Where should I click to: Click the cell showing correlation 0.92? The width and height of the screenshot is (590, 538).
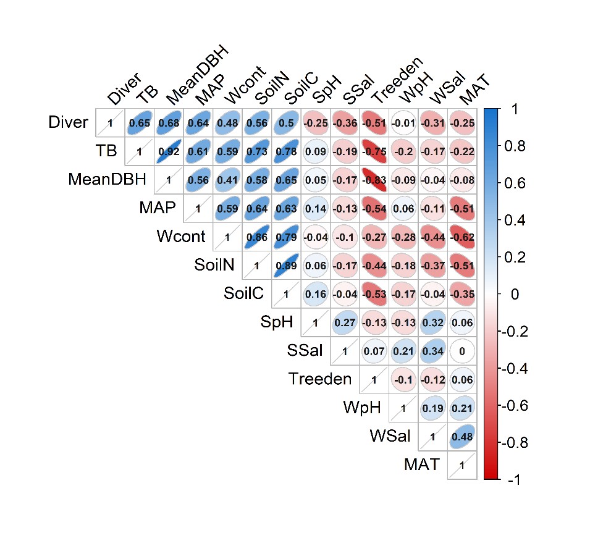[x=169, y=151]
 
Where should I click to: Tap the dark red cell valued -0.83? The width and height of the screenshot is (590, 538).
[x=375, y=180]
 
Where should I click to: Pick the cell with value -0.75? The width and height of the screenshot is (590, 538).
[x=375, y=151]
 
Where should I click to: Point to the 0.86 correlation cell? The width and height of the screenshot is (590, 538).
[x=257, y=237]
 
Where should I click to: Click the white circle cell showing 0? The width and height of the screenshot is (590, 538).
[x=462, y=351]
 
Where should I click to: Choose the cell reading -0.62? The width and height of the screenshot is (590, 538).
[x=462, y=237]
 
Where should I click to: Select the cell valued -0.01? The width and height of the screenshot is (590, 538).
[x=404, y=123]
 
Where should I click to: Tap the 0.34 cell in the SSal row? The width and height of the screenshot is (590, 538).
[x=433, y=351]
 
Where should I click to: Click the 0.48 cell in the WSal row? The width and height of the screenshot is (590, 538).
[x=462, y=437]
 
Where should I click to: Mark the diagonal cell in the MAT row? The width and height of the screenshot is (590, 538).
[x=462, y=465]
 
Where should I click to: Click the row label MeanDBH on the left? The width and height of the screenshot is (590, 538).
[x=107, y=180]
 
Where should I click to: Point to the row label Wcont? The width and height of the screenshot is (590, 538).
[x=181, y=237]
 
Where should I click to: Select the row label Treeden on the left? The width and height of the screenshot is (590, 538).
[x=320, y=379]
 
